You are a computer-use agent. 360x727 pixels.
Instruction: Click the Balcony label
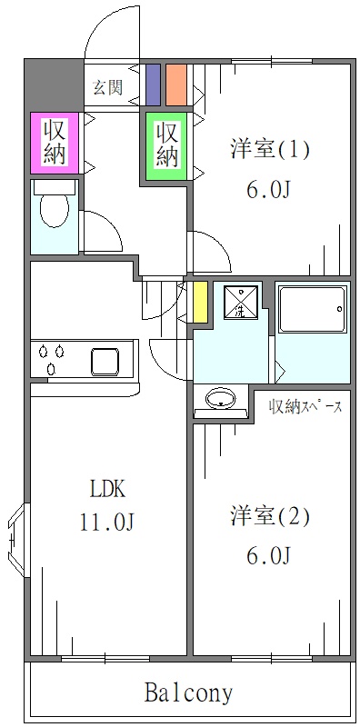point(188,693)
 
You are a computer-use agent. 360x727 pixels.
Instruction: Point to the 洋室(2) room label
point(269,517)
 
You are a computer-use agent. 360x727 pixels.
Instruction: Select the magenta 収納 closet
point(54,142)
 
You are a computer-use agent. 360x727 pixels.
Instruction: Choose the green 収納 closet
point(166,144)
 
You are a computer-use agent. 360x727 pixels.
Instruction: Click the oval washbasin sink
point(222,399)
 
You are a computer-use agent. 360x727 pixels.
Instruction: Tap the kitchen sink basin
point(111,360)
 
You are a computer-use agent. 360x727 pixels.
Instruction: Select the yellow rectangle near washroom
point(200,303)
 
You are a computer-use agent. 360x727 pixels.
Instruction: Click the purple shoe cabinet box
point(152,85)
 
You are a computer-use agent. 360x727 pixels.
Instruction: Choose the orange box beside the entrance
point(175,85)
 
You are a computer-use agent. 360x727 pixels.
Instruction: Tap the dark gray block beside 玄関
point(53,85)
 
